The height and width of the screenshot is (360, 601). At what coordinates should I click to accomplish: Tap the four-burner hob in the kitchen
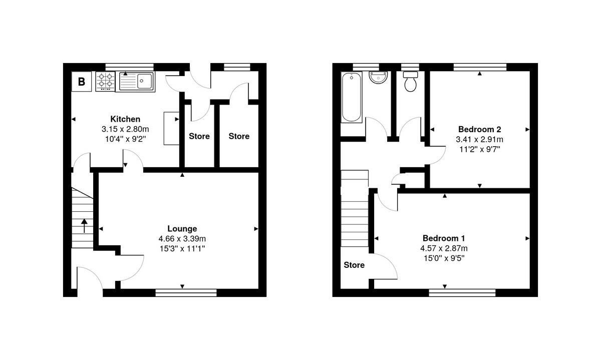point(106,82)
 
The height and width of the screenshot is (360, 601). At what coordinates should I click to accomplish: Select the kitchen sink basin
point(145,80)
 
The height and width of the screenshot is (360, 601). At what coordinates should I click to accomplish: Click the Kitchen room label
point(125,119)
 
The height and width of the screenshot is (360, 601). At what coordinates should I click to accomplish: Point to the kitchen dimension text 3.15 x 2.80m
point(125,129)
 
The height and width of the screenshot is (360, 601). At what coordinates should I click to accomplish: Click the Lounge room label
point(182,229)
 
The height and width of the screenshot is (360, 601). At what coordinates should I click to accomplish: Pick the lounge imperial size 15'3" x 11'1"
point(182,248)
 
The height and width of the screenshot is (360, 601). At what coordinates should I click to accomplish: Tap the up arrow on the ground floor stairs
point(84,225)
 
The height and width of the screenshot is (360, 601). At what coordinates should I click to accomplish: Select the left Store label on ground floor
point(199,136)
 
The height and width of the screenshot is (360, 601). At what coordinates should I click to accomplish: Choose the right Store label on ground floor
point(239,136)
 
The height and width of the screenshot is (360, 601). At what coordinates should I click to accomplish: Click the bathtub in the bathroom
point(351,97)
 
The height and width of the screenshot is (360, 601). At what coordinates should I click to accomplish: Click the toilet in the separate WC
point(411,82)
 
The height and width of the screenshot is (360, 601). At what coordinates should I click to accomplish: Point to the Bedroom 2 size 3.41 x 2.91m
point(479,139)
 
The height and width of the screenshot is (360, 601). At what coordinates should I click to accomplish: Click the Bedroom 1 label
point(445,238)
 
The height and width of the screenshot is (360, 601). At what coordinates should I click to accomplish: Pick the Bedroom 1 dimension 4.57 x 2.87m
point(445,248)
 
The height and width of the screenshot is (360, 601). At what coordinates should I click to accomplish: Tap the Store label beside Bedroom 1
point(354,265)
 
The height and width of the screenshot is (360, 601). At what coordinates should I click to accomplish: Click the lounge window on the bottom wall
point(186,293)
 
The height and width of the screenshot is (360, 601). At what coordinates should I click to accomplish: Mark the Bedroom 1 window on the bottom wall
point(462,293)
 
